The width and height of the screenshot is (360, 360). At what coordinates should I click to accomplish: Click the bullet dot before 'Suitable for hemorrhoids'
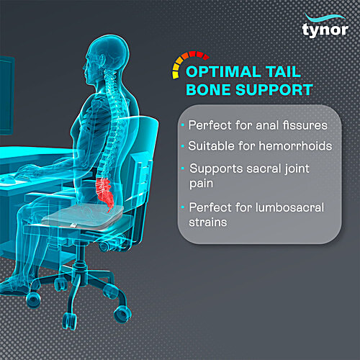[x=183, y=145]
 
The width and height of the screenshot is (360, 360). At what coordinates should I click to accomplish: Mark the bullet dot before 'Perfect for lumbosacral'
[x=183, y=207]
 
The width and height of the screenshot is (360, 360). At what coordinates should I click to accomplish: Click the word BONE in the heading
[x=208, y=91]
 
